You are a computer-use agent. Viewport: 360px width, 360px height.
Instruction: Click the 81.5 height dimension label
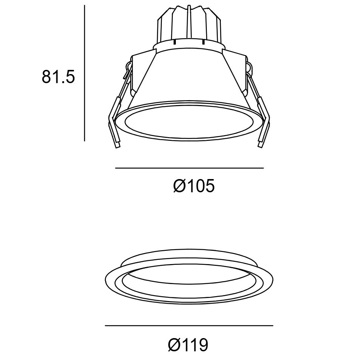pyautogui.click(x=59, y=77)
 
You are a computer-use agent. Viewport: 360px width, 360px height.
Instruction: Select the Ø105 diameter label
pyautogui.click(x=194, y=186)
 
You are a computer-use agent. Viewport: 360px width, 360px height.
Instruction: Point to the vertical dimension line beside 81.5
pyautogui.click(x=84, y=74)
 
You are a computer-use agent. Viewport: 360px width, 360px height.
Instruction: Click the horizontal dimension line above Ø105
pyautogui.click(x=189, y=168)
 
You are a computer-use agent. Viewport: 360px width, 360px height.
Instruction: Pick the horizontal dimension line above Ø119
pyautogui.click(x=189, y=325)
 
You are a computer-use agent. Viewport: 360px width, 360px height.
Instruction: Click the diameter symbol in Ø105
pyautogui.click(x=179, y=186)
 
